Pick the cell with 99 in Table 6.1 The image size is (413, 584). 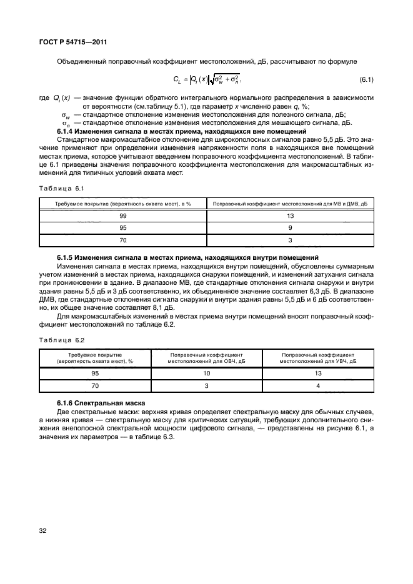pos(123,215)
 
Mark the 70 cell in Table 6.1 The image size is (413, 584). pos(123,240)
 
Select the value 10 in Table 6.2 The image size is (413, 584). pos(207,374)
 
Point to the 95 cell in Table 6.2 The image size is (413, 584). pos(96,374)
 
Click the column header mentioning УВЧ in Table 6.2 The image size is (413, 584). pos(318,357)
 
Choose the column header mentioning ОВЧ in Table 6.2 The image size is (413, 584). pos(207,357)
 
